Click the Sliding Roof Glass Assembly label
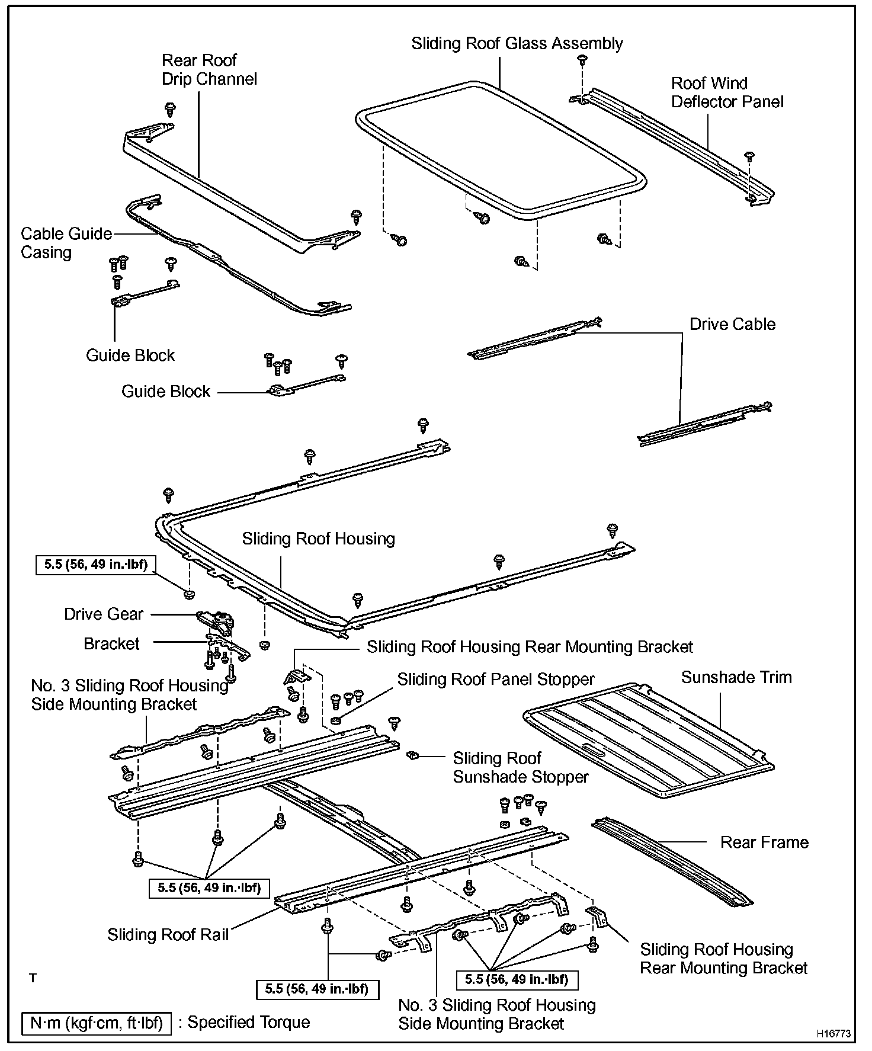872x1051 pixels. (517, 44)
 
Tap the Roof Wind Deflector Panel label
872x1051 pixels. (727, 92)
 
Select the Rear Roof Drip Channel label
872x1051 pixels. (209, 69)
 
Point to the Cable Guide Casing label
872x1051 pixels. (66, 243)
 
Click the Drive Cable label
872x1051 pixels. (732, 324)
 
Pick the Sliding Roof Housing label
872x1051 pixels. (318, 539)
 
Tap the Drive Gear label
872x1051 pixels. (104, 614)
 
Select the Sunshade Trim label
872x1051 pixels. (736, 677)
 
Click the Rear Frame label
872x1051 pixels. (764, 842)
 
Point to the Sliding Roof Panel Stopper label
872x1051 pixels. (496, 679)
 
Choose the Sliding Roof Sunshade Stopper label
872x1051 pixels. (521, 767)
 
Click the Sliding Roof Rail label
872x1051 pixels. (168, 934)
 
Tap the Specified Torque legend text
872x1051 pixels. (249, 1022)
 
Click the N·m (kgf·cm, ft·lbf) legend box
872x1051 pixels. (96, 1023)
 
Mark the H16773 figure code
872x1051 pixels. (833, 1033)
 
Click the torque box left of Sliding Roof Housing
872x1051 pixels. (96, 564)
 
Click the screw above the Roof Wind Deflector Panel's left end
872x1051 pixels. (582, 59)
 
